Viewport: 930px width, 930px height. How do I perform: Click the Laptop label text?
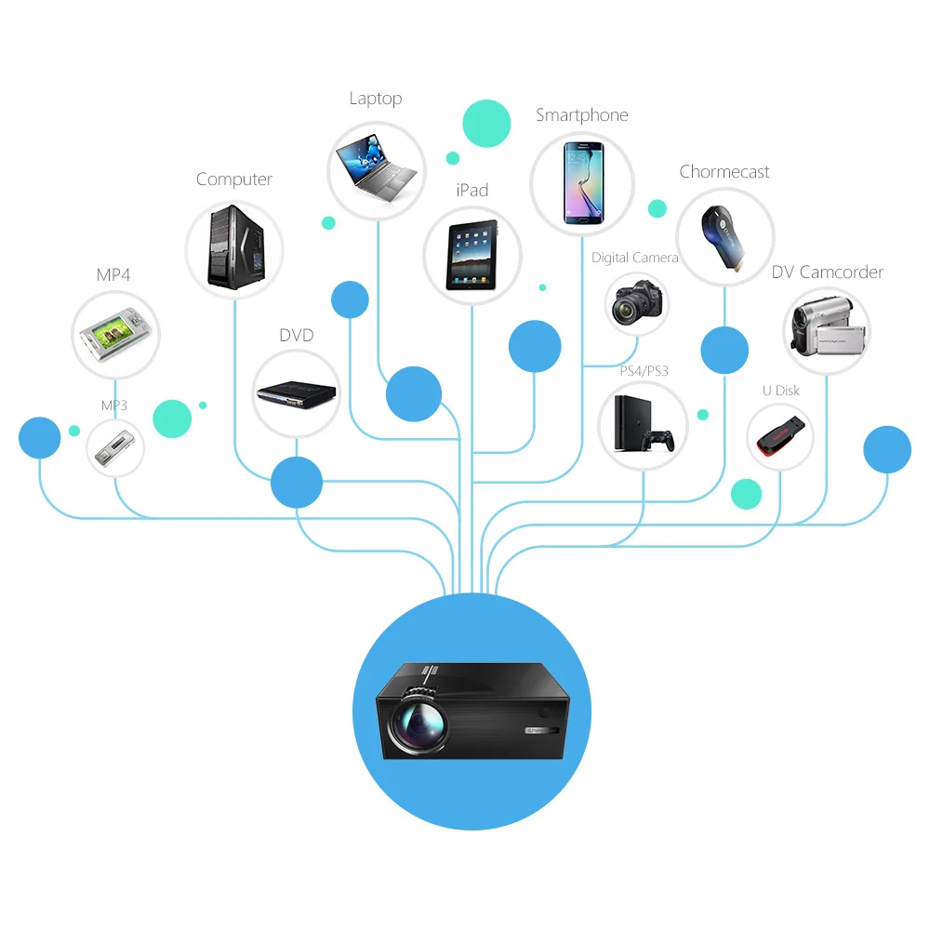(376, 99)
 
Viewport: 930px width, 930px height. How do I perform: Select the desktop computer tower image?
(234, 246)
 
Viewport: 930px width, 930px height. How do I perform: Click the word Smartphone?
(582, 115)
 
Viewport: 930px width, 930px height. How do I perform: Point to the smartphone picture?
(582, 183)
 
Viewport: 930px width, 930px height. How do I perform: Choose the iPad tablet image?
(472, 256)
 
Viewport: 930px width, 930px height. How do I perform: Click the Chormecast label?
(724, 172)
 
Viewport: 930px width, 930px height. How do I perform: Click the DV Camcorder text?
(827, 272)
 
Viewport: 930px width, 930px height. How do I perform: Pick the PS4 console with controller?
(643, 425)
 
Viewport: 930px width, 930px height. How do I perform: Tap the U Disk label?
(781, 391)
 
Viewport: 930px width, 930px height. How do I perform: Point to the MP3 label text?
(114, 405)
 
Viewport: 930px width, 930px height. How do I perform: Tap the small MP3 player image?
(115, 448)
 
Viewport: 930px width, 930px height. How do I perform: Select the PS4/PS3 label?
(644, 371)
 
